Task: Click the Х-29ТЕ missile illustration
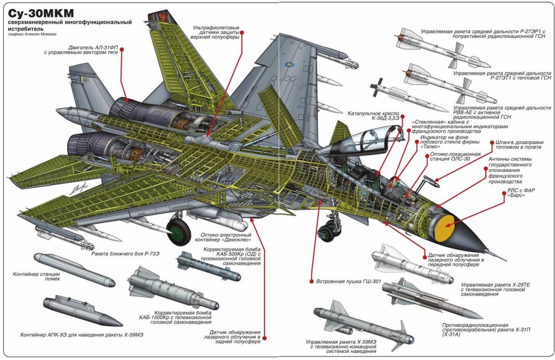point(412,266)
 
